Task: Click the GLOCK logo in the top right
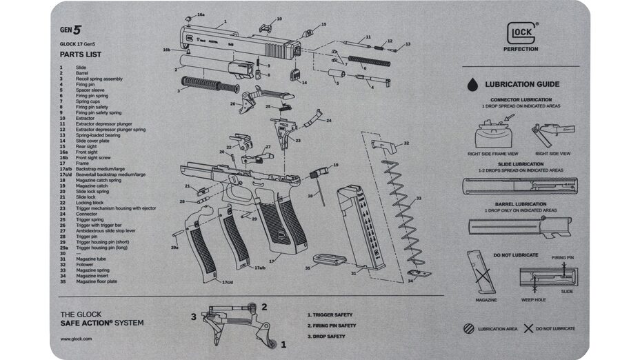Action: click(x=523, y=32)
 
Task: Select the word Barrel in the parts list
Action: click(x=81, y=72)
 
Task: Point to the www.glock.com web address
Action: click(x=76, y=339)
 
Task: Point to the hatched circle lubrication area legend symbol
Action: click(x=469, y=328)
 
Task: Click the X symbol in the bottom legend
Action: click(x=528, y=328)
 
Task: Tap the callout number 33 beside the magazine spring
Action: click(x=418, y=199)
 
